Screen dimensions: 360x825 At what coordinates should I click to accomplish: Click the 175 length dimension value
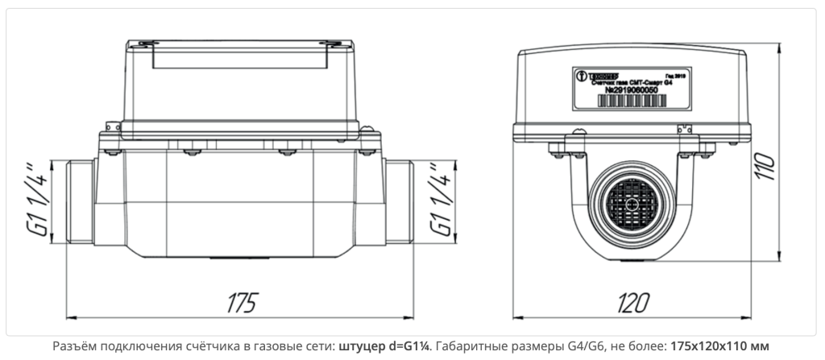pyautogui.click(x=241, y=303)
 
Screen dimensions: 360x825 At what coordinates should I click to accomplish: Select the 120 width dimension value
pyautogui.click(x=634, y=303)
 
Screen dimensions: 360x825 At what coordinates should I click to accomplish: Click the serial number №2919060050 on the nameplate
pyautogui.click(x=636, y=101)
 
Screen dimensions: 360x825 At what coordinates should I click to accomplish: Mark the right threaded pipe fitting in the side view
pyautogui.click(x=399, y=199)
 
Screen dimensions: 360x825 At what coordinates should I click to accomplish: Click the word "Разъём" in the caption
pyautogui.click(x=74, y=347)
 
